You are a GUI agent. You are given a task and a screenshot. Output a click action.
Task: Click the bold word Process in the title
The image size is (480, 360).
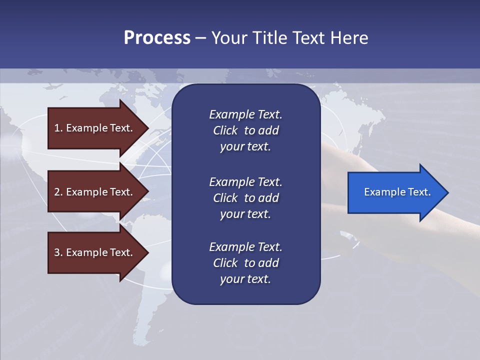click(157, 38)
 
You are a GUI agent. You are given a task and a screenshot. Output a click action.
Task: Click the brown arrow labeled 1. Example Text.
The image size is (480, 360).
click(93, 128)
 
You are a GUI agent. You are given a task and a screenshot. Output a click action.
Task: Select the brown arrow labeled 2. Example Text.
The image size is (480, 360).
click(93, 192)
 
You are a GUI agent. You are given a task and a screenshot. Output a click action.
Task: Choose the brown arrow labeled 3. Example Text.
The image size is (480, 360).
click(93, 252)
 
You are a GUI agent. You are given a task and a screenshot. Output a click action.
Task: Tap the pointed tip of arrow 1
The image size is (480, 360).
click(147, 128)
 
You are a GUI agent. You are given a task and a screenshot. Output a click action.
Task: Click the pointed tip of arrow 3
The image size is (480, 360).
click(147, 252)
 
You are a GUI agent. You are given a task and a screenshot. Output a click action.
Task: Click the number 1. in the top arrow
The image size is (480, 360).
click(58, 128)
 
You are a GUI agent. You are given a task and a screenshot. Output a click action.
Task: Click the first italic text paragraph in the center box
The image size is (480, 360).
click(245, 130)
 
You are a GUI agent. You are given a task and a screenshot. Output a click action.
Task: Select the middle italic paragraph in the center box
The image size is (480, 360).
click(245, 198)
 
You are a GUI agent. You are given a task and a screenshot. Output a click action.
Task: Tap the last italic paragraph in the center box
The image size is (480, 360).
click(245, 263)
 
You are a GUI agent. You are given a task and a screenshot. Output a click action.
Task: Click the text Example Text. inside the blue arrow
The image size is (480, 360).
click(397, 192)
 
